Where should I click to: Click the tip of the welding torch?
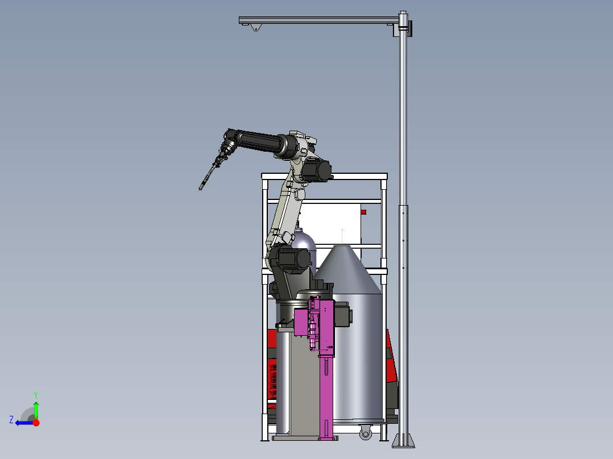[200, 190]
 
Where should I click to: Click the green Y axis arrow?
[36, 410]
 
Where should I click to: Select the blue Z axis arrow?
[24, 423]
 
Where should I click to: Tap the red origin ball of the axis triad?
[36, 423]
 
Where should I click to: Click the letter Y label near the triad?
[36, 395]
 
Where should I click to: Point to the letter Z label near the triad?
[11, 420]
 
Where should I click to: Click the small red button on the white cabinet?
[363, 212]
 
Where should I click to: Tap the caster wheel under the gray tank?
[366, 432]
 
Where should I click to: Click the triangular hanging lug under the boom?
[256, 27]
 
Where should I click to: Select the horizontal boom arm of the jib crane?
[318, 20]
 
